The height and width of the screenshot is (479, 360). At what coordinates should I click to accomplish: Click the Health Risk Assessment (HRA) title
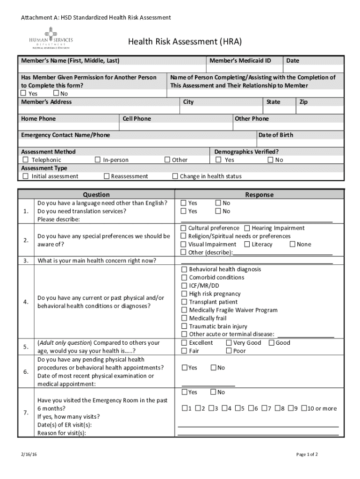tap(185, 42)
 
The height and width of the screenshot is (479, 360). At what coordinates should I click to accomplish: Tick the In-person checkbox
tap(98, 160)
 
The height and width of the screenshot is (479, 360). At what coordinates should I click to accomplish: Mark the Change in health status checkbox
tap(175, 176)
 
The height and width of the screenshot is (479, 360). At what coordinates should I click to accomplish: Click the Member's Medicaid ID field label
tap(240, 61)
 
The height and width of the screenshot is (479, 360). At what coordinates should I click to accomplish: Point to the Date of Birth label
tap(276, 135)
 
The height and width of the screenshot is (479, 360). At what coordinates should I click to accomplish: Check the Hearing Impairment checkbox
tap(247, 228)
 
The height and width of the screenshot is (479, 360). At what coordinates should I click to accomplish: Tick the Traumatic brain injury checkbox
tap(184, 327)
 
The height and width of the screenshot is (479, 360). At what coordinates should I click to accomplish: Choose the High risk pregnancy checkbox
tap(184, 294)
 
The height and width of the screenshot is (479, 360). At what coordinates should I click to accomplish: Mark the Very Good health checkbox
tap(229, 343)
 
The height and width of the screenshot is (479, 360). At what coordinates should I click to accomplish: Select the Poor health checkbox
tap(229, 351)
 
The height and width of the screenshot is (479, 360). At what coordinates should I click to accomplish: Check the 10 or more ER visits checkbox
tap(304, 408)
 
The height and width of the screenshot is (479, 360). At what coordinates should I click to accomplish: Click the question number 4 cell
tap(26, 302)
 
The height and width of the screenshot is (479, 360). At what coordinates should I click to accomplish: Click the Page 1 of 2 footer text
tap(307, 454)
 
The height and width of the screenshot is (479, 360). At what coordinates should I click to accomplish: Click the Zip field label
tap(303, 102)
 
